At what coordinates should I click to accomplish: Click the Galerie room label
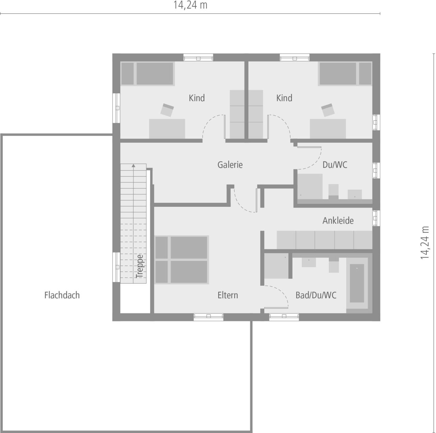point(230,165)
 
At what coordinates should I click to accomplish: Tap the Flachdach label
point(62,295)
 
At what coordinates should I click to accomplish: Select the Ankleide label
point(338,220)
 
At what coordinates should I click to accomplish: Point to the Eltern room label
point(228,295)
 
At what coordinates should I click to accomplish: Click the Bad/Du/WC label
point(316,295)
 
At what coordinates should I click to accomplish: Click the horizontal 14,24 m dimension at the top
point(190,5)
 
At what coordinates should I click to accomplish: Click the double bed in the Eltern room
point(181,260)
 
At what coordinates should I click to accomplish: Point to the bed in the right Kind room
point(345,73)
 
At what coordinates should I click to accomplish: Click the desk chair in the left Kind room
point(167,110)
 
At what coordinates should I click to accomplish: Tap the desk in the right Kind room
point(328,129)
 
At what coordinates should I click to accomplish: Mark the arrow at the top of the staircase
point(134,166)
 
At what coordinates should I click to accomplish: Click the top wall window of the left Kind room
point(198,57)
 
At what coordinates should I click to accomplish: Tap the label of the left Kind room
point(197,98)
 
